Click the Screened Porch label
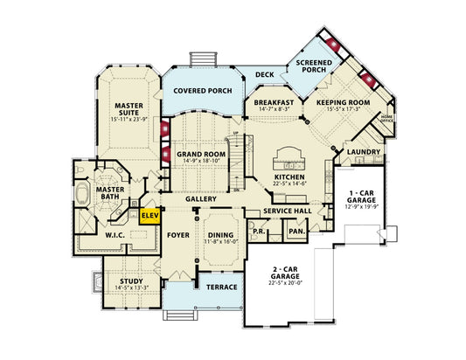[x=312, y=67]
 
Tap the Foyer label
[x=179, y=234]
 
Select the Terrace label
[x=216, y=287]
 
